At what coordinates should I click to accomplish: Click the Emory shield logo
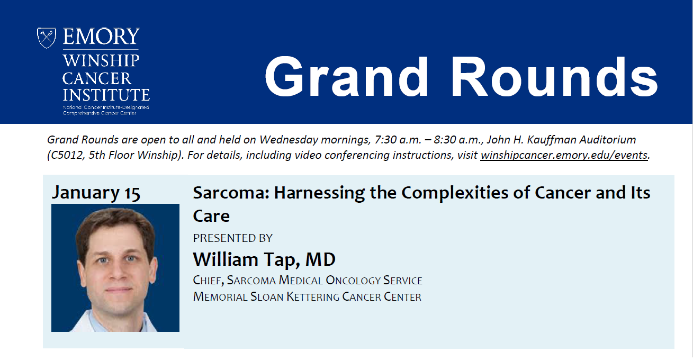tap(47, 38)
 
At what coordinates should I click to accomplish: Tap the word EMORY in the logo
tap(101, 37)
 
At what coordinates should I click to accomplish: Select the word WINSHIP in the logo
tap(101, 61)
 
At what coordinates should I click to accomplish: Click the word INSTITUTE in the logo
tap(106, 95)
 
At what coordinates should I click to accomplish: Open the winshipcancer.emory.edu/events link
tap(564, 155)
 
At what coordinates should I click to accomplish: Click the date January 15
tap(96, 193)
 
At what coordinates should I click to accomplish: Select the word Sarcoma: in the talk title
tap(231, 193)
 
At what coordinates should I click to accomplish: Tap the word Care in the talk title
tap(211, 216)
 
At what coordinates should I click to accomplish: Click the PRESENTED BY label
tap(232, 238)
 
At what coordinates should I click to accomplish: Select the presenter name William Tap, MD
tap(264, 259)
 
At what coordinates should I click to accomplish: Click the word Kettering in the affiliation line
tap(313, 297)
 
